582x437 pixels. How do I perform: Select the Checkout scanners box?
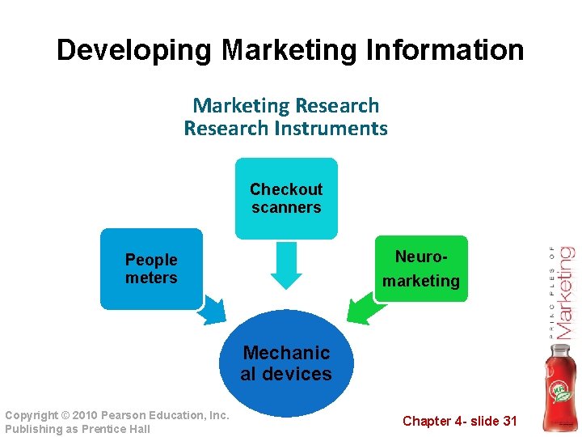[x=285, y=198]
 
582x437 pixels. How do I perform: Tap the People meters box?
[x=151, y=269]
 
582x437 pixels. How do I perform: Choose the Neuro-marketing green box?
[x=420, y=269]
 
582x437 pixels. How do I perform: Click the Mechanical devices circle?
[x=286, y=363]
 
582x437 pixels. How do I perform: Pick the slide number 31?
[x=508, y=421]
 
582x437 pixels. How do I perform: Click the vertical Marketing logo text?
[x=565, y=292]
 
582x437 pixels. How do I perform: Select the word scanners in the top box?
[x=286, y=208]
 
